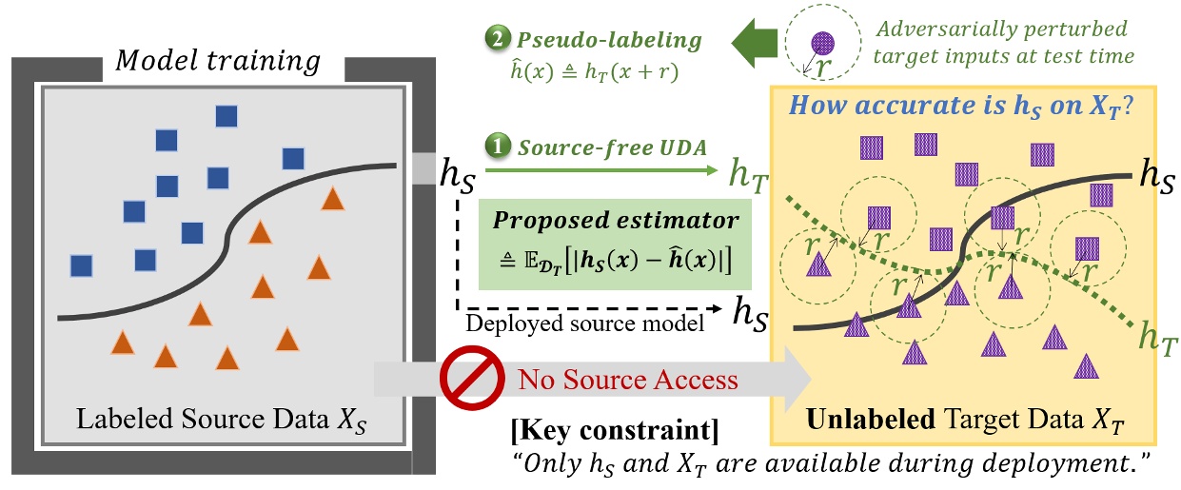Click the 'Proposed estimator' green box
pyautogui.click(x=614, y=245)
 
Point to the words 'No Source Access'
pyautogui.click(x=627, y=380)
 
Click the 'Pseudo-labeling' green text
pyautogui.click(x=610, y=41)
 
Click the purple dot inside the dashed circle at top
pyautogui.click(x=821, y=42)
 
